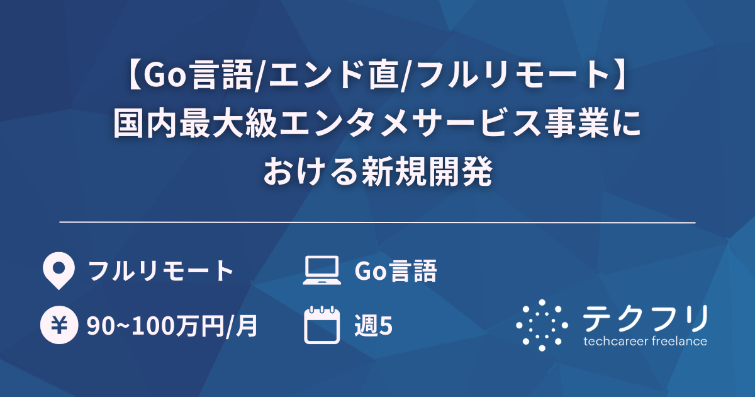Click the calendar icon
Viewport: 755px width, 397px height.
click(x=322, y=325)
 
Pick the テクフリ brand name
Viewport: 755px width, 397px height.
click(x=645, y=318)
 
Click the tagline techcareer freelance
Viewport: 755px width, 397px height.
click(x=645, y=342)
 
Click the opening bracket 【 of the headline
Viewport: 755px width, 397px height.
click(x=129, y=78)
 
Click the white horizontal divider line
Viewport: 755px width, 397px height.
click(x=377, y=222)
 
